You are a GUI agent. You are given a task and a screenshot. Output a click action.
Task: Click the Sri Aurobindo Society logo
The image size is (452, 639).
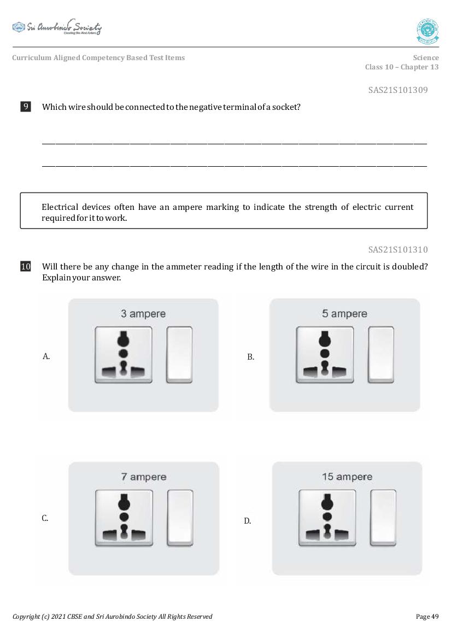point(57,27)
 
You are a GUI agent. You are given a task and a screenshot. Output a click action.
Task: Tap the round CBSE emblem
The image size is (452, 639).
point(427,31)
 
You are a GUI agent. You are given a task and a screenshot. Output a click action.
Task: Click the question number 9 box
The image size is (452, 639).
point(26,107)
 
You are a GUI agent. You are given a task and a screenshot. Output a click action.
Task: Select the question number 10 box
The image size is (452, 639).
point(26,267)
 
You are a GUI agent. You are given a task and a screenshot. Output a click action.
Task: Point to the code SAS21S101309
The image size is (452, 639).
point(398,90)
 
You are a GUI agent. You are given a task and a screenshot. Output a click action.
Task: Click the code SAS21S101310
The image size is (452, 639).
point(398,250)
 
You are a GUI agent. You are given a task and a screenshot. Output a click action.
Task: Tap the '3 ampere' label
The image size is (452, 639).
point(143,314)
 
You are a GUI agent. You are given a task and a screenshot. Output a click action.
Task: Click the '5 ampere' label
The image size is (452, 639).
point(344,314)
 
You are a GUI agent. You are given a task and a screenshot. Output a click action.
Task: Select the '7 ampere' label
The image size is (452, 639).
point(144,477)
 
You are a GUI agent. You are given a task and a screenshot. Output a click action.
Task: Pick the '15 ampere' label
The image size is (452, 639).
point(347,477)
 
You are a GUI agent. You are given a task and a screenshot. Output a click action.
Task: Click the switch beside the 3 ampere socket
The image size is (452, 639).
point(179,354)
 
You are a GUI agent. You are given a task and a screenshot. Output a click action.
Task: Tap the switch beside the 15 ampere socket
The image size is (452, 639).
point(383,517)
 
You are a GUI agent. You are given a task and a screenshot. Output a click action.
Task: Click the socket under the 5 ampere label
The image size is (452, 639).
point(325,354)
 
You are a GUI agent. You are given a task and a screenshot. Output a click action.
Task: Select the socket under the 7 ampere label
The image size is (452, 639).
point(124,517)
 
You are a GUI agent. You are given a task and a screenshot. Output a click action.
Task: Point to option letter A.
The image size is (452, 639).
point(46,356)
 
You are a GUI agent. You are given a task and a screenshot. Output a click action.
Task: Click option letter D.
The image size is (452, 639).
point(248,521)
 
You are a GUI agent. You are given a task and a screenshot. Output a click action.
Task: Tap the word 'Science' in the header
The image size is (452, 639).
point(426,57)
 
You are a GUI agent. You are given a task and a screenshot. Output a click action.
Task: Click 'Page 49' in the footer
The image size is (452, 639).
point(427,617)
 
